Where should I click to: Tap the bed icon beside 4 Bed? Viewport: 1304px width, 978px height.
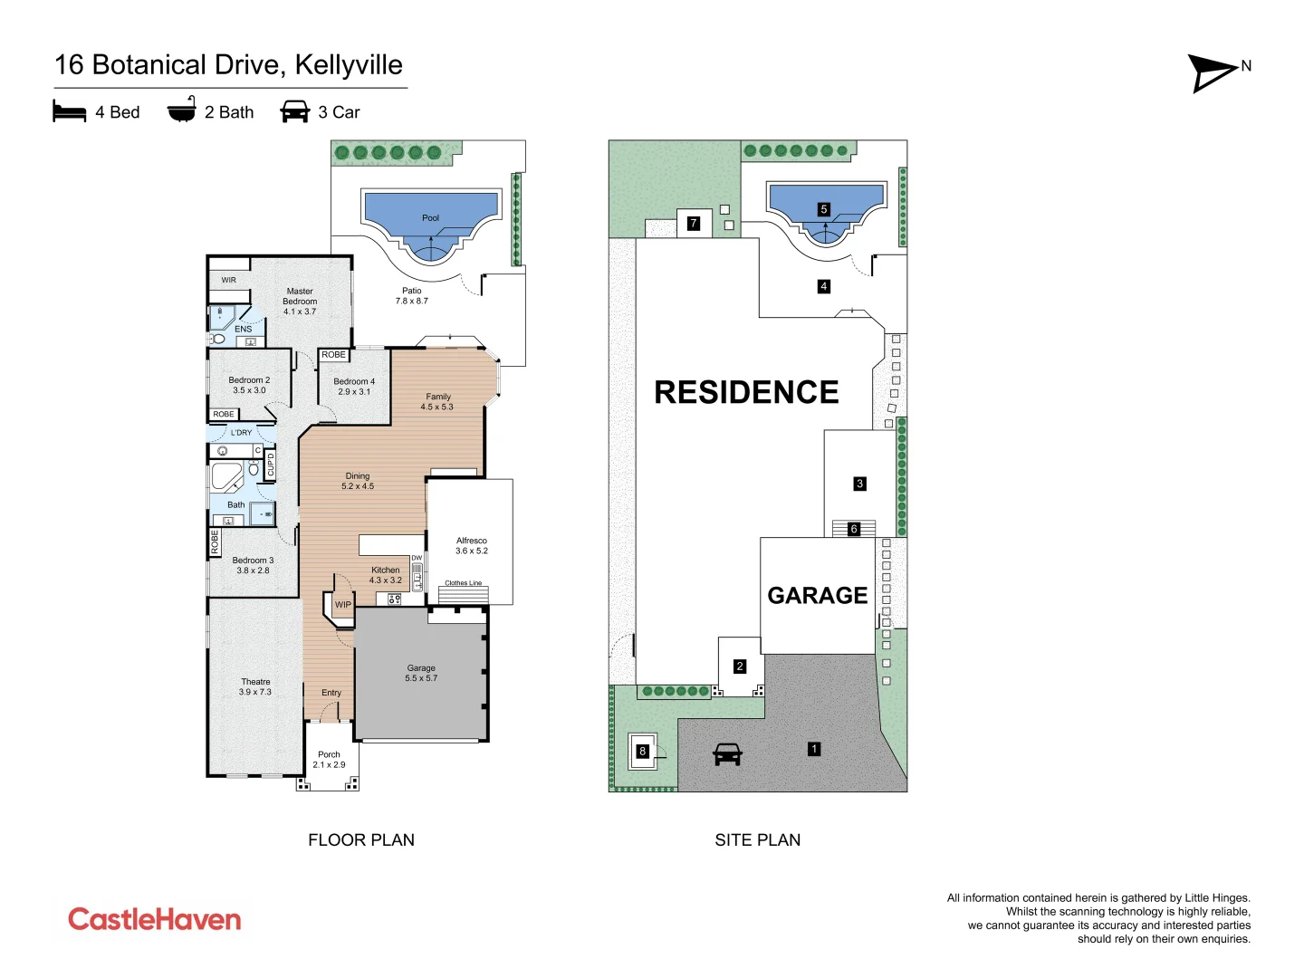[70, 112]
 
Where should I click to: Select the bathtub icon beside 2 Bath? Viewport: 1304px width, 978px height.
[182, 110]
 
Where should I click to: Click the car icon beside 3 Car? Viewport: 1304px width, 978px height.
[295, 112]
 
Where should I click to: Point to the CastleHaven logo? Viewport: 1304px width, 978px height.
[155, 919]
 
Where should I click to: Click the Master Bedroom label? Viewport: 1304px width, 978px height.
[300, 302]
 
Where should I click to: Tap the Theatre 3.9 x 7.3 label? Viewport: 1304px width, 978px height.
[255, 686]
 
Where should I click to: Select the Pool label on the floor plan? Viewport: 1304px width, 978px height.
[430, 218]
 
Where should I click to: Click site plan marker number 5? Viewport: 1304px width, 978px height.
[824, 209]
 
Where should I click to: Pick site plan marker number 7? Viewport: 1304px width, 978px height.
[694, 223]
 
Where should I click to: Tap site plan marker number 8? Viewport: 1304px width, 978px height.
[643, 751]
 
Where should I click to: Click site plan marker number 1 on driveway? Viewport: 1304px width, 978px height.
[814, 749]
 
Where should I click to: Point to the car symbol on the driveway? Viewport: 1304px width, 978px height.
[727, 753]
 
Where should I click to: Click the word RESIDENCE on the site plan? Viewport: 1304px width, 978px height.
[746, 392]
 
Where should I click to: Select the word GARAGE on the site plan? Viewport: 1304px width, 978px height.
[818, 595]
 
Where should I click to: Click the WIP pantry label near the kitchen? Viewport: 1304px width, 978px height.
[343, 604]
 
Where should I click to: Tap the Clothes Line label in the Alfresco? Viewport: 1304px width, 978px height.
[463, 583]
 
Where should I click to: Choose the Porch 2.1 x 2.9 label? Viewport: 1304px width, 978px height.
[330, 759]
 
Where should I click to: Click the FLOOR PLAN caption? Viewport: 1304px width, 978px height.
[361, 839]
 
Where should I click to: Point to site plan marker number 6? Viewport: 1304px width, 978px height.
[854, 529]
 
